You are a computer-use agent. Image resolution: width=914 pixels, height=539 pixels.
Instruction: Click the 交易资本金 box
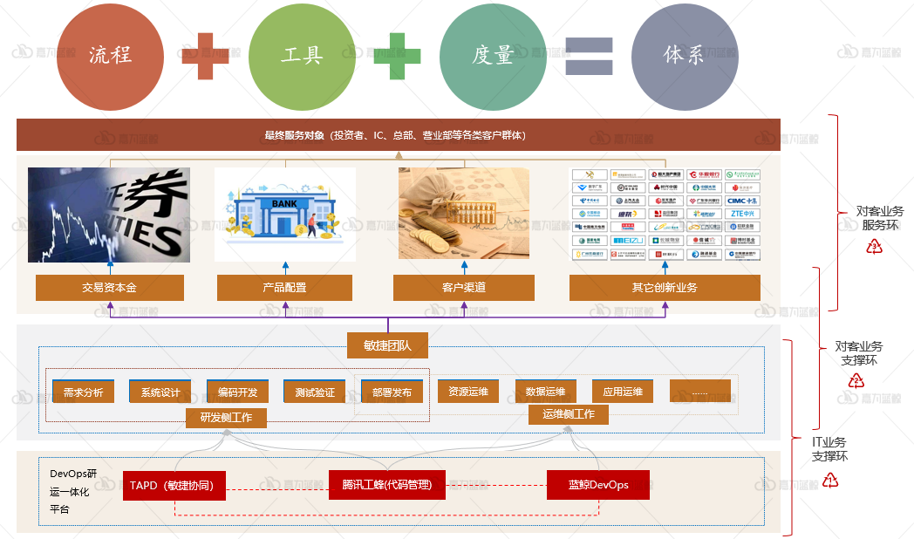pyautogui.click(x=110, y=288)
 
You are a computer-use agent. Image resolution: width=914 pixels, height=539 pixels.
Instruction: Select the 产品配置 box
pyautogui.click(x=284, y=288)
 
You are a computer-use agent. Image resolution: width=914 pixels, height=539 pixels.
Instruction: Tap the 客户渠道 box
pyautogui.click(x=464, y=288)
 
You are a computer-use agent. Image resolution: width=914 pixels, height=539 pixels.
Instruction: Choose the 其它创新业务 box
pyautogui.click(x=665, y=288)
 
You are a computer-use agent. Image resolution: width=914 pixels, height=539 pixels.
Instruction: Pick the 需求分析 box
pyautogui.click(x=83, y=392)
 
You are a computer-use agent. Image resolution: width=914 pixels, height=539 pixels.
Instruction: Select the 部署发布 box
pyautogui.click(x=392, y=392)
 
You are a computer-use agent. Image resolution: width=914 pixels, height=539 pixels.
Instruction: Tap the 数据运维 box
pyautogui.click(x=545, y=391)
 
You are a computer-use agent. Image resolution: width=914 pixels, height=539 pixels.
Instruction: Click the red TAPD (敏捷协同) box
pyautogui.click(x=174, y=485)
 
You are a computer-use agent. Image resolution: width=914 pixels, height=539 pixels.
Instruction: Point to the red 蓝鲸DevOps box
pyautogui.click(x=598, y=485)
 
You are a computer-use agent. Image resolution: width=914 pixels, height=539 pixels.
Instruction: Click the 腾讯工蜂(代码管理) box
pyautogui.click(x=386, y=484)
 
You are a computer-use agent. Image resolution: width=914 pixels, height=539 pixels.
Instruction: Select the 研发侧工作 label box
pyautogui.click(x=226, y=418)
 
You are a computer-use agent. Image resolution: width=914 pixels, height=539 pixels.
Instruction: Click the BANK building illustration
pyautogui.click(x=285, y=215)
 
